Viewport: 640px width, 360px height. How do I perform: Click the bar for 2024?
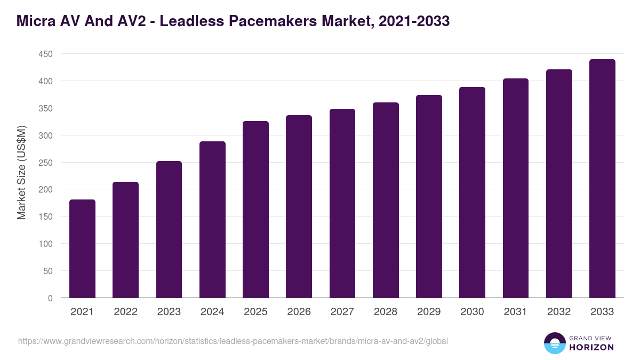point(212,220)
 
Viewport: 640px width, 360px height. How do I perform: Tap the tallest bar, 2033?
point(602,179)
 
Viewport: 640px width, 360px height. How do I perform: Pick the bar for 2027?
point(342,203)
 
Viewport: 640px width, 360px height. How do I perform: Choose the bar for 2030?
point(472,193)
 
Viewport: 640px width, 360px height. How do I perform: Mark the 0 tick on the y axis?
point(50,298)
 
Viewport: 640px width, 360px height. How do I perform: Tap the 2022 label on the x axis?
point(125,312)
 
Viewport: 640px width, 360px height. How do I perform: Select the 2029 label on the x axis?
point(429,312)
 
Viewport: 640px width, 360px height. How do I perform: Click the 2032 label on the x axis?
point(559,312)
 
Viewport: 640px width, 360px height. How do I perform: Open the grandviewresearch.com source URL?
point(233,341)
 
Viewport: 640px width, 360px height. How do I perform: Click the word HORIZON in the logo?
point(591,347)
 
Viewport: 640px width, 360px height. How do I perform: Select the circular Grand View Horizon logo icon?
point(555,343)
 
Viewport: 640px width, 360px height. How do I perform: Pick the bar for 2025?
point(255,210)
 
